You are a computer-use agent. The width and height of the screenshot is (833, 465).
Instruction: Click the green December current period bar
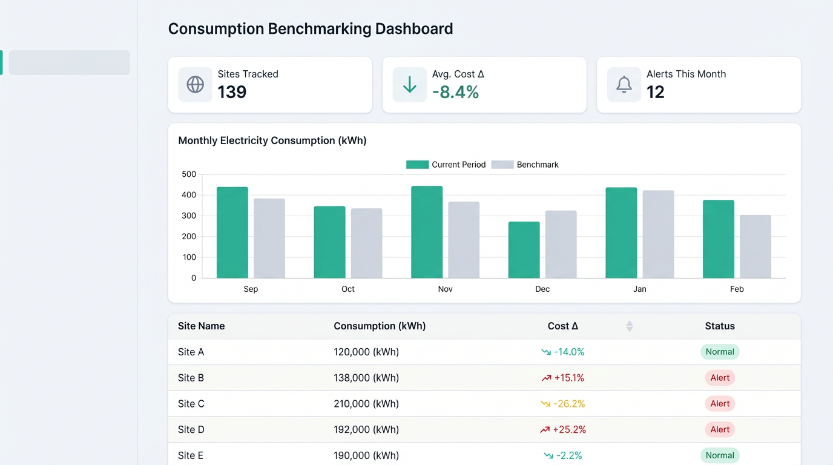coord(524,249)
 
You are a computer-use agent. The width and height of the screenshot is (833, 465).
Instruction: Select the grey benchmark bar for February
coord(755,246)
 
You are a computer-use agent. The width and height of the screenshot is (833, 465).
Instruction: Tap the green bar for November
coord(427,232)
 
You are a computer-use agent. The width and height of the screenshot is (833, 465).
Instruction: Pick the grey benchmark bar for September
coord(269,238)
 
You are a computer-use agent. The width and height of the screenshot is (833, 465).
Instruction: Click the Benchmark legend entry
coord(525,165)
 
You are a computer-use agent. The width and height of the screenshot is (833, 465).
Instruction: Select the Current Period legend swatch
coord(417,165)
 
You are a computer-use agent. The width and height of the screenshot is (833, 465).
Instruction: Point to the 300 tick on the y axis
coord(189,216)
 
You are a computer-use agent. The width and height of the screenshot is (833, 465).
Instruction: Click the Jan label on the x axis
coord(639,289)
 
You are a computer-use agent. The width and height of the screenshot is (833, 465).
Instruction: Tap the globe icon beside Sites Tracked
coord(195,84)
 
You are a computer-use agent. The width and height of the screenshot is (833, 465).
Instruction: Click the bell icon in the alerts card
coord(624,84)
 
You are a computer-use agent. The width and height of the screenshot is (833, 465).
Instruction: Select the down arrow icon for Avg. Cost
coord(409,84)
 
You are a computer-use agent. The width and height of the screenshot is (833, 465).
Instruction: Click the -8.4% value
coord(455,92)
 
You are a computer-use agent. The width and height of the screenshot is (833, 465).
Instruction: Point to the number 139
coord(232,92)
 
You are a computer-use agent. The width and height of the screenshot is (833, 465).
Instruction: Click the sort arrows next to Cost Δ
coord(629,326)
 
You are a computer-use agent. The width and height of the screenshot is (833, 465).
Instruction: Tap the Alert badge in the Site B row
coord(719,378)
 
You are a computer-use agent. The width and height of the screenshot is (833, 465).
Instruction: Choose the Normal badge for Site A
coord(719,352)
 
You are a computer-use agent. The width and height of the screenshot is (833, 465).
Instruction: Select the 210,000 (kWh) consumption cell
coord(366,404)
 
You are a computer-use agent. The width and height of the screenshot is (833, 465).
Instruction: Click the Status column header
coord(719,326)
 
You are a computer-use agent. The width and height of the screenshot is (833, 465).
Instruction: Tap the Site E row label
coord(191,455)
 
